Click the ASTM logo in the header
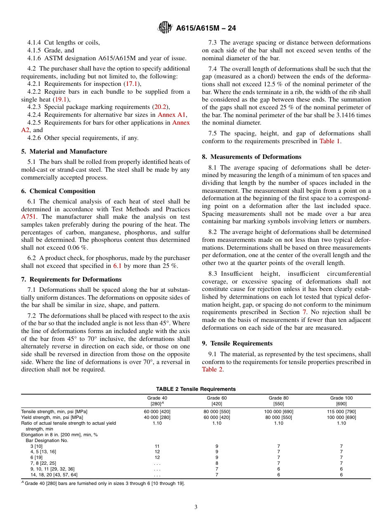(165, 28)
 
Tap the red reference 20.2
(160, 107)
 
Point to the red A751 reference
(29, 217)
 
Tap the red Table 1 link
(330, 141)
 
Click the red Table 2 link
(213, 369)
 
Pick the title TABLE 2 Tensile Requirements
(196, 389)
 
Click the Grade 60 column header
(217, 401)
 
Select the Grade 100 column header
(341, 401)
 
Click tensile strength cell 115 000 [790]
(341, 411)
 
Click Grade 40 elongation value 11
(157, 446)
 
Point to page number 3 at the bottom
(196, 507)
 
